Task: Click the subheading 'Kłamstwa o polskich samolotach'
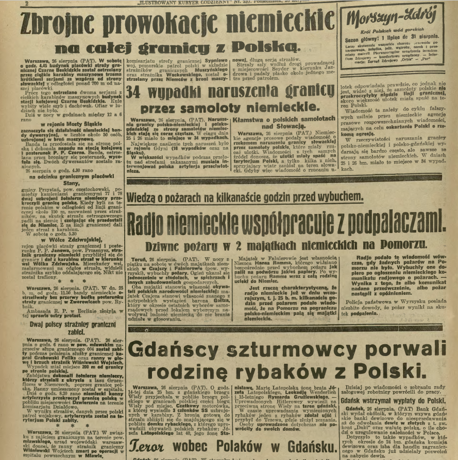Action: [283, 120]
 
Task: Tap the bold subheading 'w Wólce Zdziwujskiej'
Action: [66, 240]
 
